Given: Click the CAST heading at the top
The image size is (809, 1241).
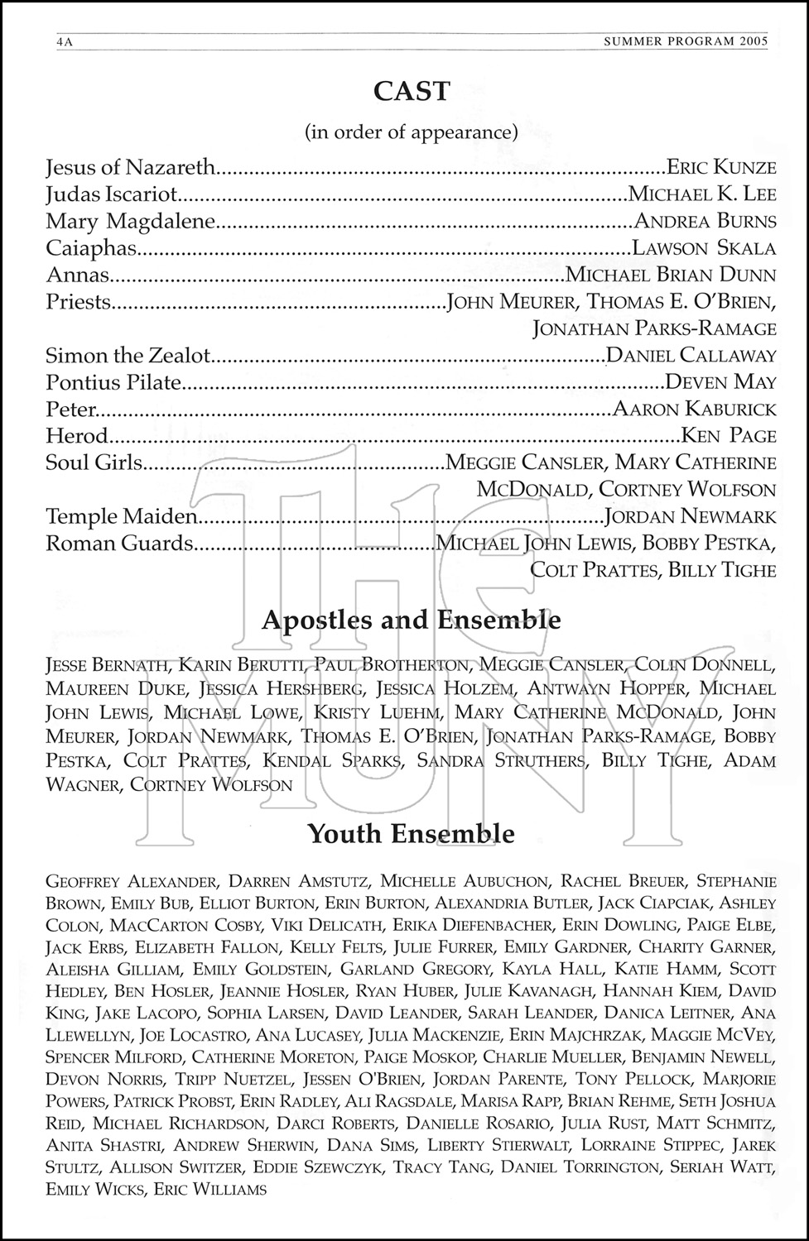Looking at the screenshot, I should (412, 91).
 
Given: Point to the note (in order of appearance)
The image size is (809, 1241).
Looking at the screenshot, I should (412, 132).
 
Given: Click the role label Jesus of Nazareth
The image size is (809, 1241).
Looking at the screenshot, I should (130, 168).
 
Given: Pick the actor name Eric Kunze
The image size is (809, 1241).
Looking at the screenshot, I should (721, 168).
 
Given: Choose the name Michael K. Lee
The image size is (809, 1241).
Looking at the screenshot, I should (702, 194).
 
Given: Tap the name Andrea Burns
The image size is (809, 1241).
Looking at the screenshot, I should (705, 221).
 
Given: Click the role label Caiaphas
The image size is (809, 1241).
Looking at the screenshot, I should (91, 247).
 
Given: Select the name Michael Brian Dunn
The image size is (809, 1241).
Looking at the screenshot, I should (671, 275).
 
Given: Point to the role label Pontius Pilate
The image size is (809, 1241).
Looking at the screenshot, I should (113, 381).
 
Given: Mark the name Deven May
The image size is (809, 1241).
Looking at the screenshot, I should (720, 381).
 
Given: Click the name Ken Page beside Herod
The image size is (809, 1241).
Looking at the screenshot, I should (728, 435).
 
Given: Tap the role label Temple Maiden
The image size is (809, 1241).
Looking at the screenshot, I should (121, 516).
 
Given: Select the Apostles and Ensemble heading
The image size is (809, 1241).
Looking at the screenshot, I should (412, 620).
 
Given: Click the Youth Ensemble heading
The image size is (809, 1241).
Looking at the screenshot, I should (412, 833).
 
